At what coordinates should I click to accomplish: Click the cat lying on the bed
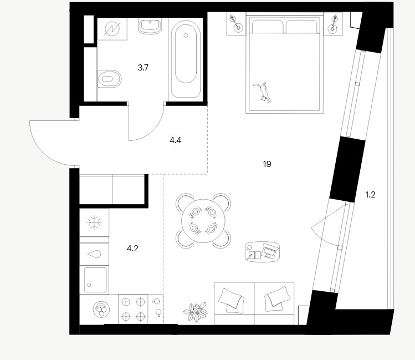(263, 93)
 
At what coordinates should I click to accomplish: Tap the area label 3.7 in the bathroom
(143, 68)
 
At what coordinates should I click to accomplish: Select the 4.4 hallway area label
(175, 140)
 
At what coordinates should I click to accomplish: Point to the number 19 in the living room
(267, 164)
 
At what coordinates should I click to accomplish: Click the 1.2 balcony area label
(370, 195)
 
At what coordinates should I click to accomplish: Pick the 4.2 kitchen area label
(132, 249)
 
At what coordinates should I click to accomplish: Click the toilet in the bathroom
(109, 79)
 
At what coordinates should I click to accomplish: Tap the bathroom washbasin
(150, 26)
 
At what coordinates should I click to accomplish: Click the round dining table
(203, 221)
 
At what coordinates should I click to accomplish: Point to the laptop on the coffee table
(270, 250)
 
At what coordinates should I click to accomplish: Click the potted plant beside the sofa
(196, 312)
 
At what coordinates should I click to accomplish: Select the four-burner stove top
(133, 309)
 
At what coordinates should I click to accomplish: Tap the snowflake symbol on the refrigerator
(94, 222)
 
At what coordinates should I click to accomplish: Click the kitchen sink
(95, 280)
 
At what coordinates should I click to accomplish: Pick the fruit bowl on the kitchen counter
(101, 309)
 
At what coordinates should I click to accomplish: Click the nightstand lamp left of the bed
(235, 23)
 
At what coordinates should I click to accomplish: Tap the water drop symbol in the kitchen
(94, 254)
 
